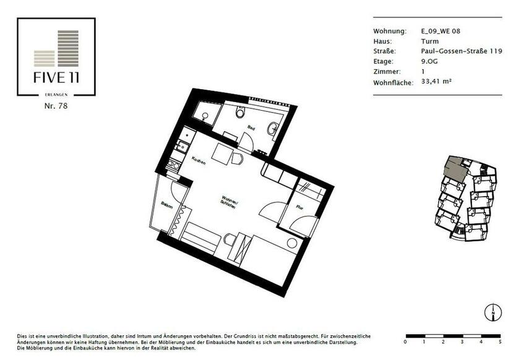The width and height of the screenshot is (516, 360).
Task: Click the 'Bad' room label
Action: coord(251,128)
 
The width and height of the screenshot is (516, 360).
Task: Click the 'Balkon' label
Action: coord(166,205)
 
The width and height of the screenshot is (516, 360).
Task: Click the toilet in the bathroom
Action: coord(241,113)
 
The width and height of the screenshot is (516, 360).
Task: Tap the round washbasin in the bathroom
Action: coord(272,128)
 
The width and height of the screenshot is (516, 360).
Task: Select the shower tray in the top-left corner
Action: coord(204,111)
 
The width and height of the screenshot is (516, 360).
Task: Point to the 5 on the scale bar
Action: coord(499,341)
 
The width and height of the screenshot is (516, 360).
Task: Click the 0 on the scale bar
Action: coord(405,341)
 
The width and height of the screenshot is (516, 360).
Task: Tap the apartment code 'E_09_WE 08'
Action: coord(441,31)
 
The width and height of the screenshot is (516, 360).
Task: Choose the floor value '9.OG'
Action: coord(428,61)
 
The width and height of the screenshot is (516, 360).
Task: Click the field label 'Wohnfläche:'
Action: coord(393,82)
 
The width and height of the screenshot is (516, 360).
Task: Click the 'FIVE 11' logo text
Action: coord(56,79)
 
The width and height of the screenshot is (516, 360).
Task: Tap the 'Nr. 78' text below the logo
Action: coord(56,106)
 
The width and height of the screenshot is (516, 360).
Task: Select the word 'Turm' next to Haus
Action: coord(429,41)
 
